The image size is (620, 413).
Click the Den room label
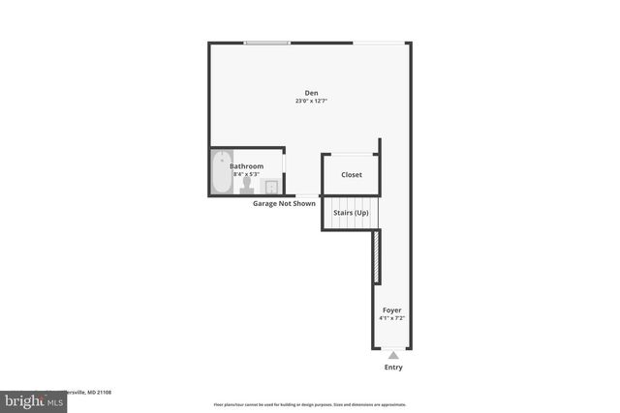[x=311, y=93]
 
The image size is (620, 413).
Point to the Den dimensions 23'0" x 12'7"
[x=311, y=102]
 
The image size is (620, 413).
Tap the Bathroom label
[x=246, y=166]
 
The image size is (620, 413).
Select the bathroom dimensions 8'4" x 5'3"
[x=246, y=174]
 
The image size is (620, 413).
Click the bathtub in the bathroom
[x=222, y=173]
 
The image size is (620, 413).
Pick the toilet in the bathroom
[x=248, y=185]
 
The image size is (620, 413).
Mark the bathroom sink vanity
[x=272, y=186]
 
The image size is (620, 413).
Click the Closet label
[x=351, y=175]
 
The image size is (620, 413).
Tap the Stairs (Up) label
[x=351, y=212]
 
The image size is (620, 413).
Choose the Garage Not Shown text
[x=284, y=204]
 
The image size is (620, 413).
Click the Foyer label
[x=391, y=310]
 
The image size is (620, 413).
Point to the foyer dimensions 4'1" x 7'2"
[x=391, y=318]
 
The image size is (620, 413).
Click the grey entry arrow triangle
[x=392, y=355]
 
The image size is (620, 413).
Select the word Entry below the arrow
[x=392, y=368]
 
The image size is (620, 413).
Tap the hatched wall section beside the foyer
[x=376, y=257]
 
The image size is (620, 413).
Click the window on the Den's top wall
[x=266, y=43]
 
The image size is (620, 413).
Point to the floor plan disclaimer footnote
[x=309, y=404]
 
